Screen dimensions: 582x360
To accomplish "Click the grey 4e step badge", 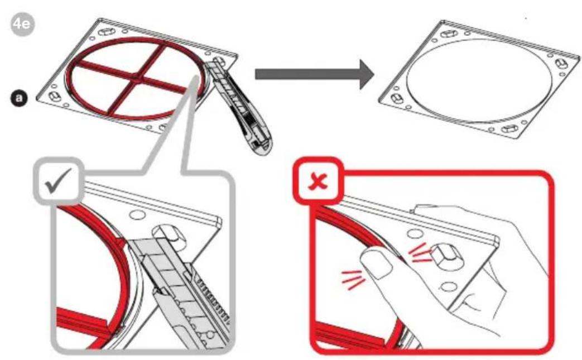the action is coord(22,25).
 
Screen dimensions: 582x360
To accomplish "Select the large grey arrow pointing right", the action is coord(314,74).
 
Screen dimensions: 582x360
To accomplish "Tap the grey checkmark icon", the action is coord(57,181).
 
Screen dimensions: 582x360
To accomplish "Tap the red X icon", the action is coord(318,181).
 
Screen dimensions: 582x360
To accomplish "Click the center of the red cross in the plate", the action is coord(137,78).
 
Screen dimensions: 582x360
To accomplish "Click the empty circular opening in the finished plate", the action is coord(479,80).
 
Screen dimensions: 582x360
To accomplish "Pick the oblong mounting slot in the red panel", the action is coord(449,256).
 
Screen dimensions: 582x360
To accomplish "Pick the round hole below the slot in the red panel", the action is coord(450,287).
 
